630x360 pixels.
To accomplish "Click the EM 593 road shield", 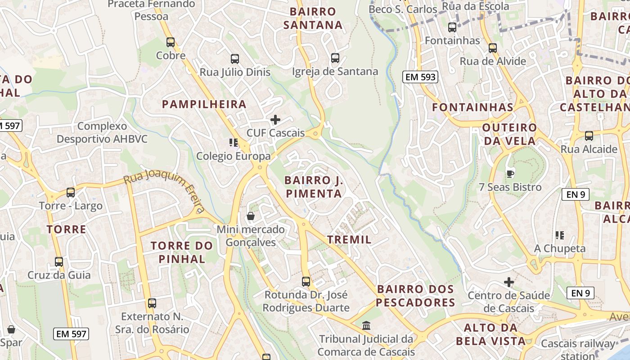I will click(420, 77).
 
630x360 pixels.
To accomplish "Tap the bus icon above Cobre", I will click(171, 42).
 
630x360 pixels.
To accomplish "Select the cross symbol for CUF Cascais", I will click(275, 120).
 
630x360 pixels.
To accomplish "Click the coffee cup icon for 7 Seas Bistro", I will click(510, 173).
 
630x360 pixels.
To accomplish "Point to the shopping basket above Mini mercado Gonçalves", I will click(251, 216).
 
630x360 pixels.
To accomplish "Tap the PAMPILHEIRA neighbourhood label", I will click(204, 104).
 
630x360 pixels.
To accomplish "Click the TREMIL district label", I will click(350, 239).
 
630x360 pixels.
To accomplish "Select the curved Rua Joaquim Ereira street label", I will click(165, 189).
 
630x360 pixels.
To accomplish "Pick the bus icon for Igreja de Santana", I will click(335, 58).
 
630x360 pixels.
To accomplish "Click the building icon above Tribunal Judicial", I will click(366, 325).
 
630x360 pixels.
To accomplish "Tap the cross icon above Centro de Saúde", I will click(509, 282).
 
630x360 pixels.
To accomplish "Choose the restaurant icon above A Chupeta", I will click(560, 235).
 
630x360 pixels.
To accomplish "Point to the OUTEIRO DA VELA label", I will click(509, 134).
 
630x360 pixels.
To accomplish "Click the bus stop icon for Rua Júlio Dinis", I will click(235, 58).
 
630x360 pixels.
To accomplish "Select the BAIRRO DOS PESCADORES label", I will click(415, 296).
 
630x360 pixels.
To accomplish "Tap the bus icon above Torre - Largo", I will click(71, 193).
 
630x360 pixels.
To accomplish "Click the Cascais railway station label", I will click(577, 349).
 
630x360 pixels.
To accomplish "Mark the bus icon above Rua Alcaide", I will click(589, 135).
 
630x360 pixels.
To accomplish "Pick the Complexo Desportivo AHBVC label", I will click(102, 132).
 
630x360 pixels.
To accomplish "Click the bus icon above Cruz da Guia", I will click(59, 261).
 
